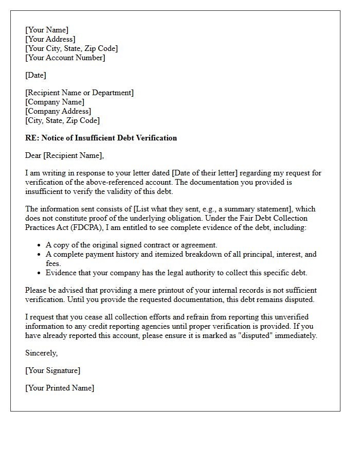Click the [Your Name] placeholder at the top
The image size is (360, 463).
click(47, 30)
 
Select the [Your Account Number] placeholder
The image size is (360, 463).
click(65, 58)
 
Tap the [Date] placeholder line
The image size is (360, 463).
click(35, 75)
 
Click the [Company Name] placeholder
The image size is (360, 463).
click(55, 102)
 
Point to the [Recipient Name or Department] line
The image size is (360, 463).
click(79, 93)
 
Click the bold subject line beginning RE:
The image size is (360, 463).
click(101, 138)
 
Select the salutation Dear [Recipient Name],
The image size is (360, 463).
click(64, 155)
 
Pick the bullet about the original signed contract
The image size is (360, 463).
click(131, 245)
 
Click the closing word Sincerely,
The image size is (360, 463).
click(42, 353)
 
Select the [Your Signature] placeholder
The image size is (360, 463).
click(52, 370)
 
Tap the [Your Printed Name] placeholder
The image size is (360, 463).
click(60, 388)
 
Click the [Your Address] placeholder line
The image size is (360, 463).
click(50, 39)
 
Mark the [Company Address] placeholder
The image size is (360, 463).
click(58, 111)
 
